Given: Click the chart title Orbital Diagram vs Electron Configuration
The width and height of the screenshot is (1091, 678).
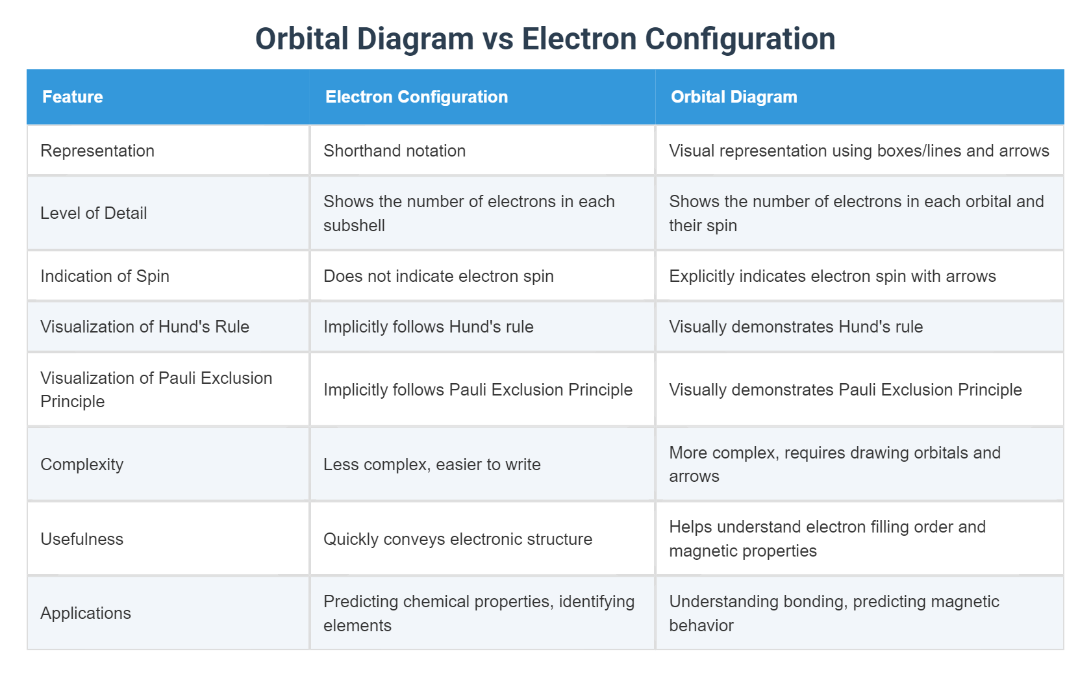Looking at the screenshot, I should click(545, 39).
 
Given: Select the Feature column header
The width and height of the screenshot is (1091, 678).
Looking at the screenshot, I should click(73, 97).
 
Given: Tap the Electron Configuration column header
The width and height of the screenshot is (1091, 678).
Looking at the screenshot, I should click(416, 97).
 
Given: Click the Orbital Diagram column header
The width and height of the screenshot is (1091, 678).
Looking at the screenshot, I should click(734, 97).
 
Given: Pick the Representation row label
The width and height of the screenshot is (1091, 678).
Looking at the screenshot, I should click(97, 151).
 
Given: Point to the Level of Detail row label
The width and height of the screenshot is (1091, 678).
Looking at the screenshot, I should click(94, 213).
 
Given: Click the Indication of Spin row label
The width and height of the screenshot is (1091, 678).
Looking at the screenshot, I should click(105, 276).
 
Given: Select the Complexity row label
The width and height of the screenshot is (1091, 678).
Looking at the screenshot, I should click(82, 464).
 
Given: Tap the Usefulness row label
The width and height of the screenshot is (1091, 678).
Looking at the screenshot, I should click(82, 539).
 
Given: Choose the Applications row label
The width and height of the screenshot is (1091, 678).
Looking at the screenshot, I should click(86, 613).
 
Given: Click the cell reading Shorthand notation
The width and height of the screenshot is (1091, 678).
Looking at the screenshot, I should click(394, 151).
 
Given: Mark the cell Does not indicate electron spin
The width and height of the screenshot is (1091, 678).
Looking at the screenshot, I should click(438, 276).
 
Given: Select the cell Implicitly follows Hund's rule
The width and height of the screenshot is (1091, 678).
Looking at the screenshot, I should click(428, 327).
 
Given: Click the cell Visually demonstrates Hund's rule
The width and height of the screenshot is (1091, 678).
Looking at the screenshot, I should click(796, 327).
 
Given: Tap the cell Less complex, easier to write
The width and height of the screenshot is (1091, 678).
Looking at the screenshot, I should click(432, 464).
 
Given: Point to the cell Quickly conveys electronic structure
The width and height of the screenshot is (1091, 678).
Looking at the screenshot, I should click(458, 539).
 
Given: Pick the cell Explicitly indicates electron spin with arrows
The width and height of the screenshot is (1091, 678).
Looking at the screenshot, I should click(832, 276).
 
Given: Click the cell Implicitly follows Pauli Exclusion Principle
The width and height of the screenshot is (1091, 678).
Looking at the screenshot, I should click(478, 390).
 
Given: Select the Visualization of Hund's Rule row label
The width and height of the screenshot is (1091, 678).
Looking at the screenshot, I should click(145, 327).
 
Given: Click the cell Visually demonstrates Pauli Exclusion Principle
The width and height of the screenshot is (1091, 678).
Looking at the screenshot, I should click(845, 390).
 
